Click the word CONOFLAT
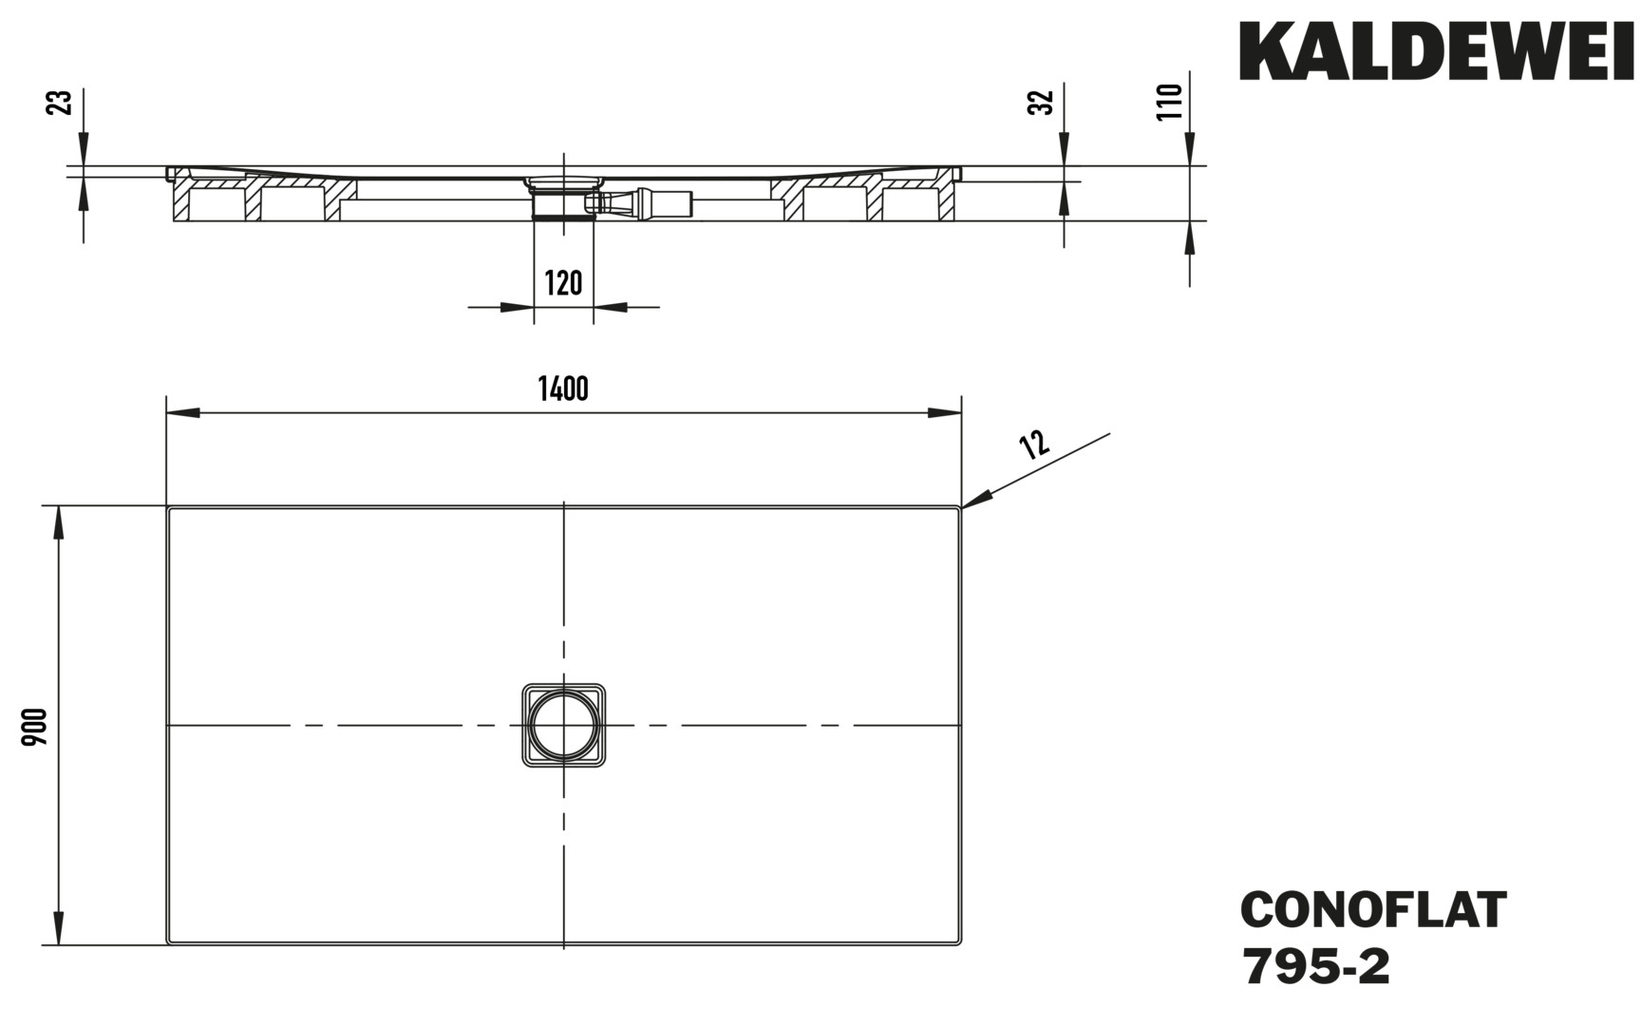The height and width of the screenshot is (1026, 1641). pos(1373,909)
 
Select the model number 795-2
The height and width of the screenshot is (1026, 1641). pos(1315,968)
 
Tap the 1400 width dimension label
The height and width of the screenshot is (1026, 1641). pos(563,389)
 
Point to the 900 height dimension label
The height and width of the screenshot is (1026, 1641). pos(35,727)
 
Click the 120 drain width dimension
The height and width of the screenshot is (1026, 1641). pos(563,283)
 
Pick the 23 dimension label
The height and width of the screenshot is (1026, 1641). pos(59,103)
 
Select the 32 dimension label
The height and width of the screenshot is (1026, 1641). pos(1042,103)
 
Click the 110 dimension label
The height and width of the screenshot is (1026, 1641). pos(1169,102)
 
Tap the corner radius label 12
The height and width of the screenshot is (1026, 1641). pos(1034,444)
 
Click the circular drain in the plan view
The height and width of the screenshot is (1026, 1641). pos(564,724)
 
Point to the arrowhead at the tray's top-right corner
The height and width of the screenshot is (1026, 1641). pos(977,499)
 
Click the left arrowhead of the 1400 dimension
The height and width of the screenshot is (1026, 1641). pos(183,413)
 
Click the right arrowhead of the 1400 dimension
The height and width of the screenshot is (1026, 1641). pos(945,413)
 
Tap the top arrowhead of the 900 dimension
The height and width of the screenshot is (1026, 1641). pos(59,522)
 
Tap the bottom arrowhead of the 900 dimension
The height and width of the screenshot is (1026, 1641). pos(59,929)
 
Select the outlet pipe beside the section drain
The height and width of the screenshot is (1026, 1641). pos(646,202)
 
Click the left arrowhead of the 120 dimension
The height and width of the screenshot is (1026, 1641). pos(517,307)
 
